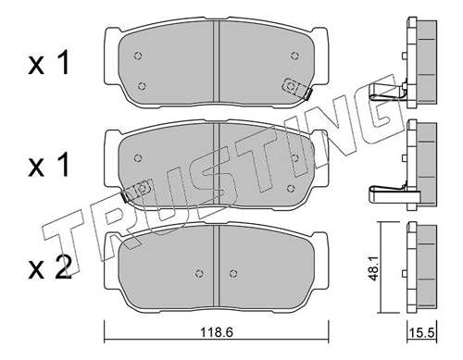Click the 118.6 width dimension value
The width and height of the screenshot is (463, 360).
pos(216,332)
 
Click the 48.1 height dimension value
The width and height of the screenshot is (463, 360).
pos(374,269)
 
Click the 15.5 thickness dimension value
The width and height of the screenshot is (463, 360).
pos(422,333)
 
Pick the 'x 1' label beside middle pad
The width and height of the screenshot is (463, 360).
pos(48,166)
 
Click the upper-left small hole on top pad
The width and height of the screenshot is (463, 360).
pos(138,56)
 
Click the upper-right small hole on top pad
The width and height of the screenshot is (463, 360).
pos(295,56)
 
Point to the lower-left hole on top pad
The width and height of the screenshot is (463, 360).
pos(142,86)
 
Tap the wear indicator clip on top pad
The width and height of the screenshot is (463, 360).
pos(296,88)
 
